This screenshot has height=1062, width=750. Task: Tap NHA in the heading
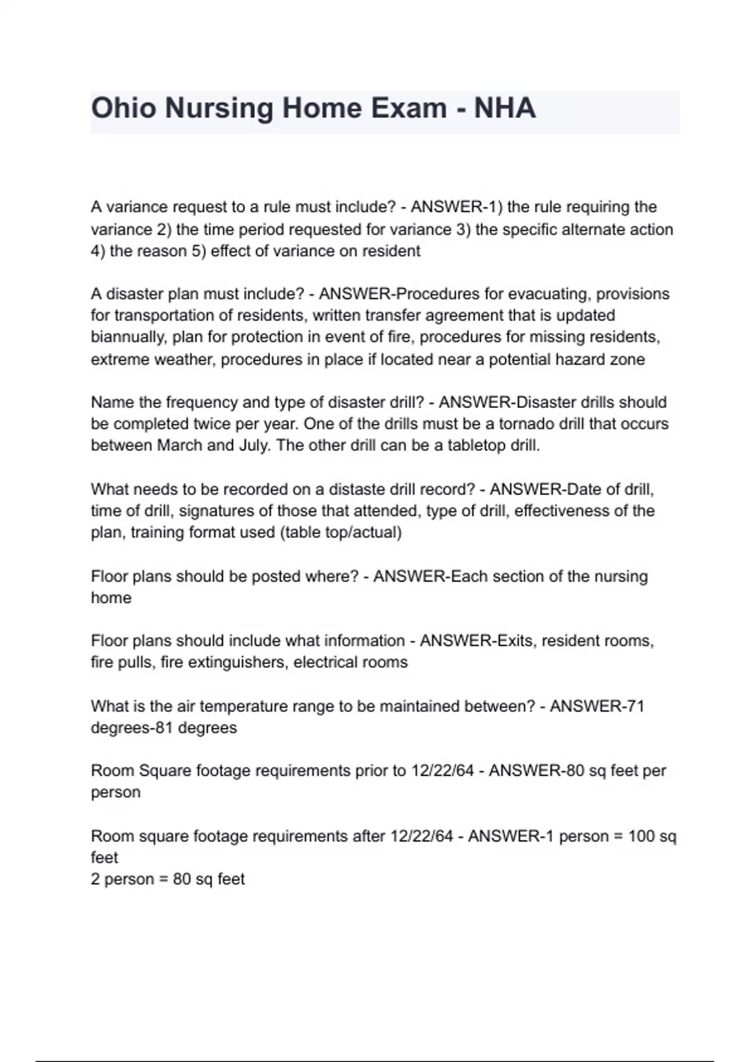coord(505,108)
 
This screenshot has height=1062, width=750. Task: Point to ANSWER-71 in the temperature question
coord(597,707)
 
